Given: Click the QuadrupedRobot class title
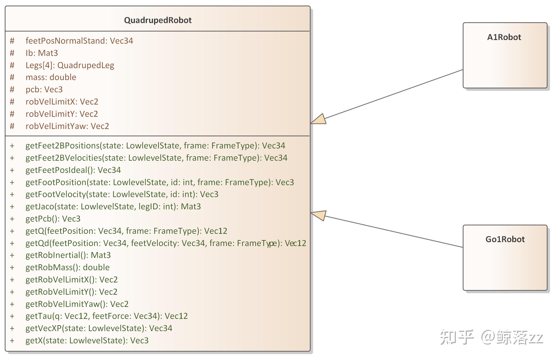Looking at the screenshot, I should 158,20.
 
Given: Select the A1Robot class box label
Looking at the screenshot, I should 504,37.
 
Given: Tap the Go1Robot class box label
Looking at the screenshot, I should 505,239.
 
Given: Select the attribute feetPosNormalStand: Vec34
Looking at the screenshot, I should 79,41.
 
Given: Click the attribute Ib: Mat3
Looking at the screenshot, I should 42,53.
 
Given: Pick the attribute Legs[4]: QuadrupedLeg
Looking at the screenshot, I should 70,65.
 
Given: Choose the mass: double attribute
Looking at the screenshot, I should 51,77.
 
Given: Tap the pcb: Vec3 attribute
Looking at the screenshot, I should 44,90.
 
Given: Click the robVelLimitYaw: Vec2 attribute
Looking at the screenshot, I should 67,126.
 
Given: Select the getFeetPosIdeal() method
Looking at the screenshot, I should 73,170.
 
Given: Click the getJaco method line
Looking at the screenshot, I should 113,207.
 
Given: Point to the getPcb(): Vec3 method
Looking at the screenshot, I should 53,219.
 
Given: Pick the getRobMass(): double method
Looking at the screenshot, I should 68,267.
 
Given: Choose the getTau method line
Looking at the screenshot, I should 107,316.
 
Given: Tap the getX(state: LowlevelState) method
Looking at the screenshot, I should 87,341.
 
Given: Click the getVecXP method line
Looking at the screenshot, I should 99,328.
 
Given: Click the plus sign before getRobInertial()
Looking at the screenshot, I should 12,255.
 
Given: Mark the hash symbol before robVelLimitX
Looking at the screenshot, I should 12,102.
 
